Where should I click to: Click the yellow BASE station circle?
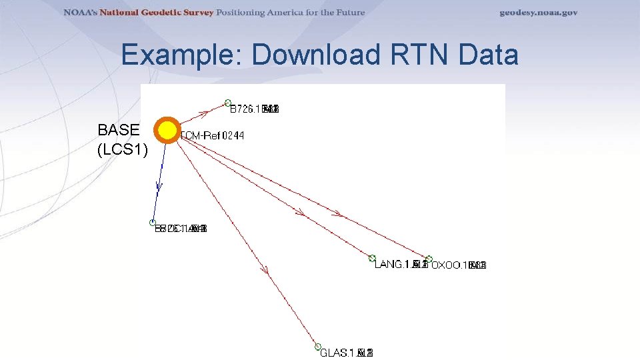167,131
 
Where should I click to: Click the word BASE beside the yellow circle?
119,129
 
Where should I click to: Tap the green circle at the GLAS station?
318,347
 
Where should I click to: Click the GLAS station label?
346,353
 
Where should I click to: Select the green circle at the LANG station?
373,258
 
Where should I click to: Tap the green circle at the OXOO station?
429,259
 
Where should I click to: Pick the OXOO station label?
459,265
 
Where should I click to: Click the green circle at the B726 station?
228,103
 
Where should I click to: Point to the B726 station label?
254,109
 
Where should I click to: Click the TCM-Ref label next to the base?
212,136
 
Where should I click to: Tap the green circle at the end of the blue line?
153,223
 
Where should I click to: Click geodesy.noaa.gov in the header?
539,13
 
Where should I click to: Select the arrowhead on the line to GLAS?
265,270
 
